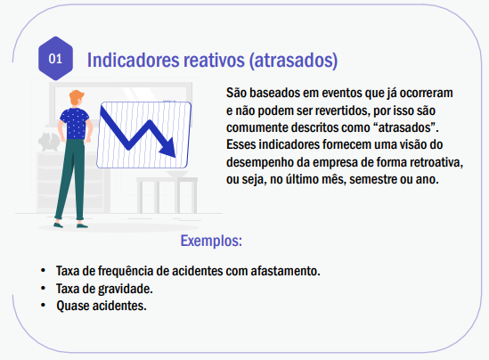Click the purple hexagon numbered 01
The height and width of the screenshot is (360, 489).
point(55,58)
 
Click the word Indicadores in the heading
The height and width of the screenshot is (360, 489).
point(134,60)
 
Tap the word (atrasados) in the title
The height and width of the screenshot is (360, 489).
point(293,61)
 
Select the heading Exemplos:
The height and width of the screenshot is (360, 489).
point(211,241)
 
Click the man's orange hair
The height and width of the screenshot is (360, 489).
point(77,97)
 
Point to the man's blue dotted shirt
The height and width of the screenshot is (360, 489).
point(75,123)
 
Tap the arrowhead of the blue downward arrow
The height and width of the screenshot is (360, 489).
point(167,149)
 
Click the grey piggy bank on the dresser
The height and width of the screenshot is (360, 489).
point(49,142)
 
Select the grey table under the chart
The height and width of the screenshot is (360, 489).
point(167,195)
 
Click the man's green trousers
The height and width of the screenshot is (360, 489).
point(69,179)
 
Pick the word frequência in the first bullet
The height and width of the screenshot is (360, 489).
point(126,272)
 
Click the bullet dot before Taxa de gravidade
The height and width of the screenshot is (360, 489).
point(43,288)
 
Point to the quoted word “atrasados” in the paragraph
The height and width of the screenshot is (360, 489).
point(405,127)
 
